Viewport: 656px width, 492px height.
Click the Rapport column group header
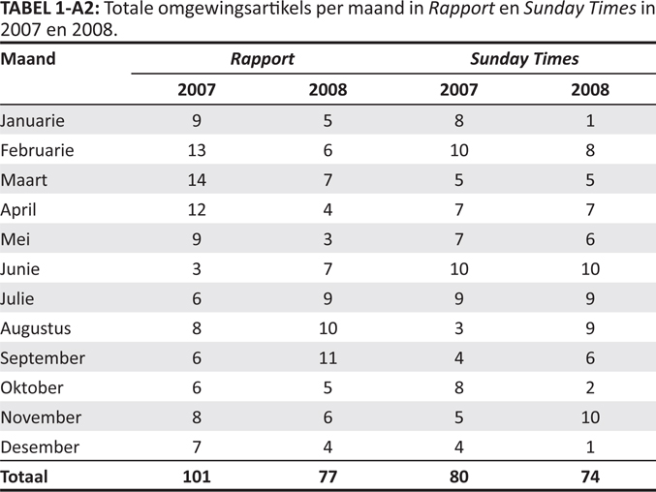pyautogui.click(x=263, y=59)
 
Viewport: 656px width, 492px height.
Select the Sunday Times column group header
pyautogui.click(x=524, y=59)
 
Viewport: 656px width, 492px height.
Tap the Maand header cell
pyautogui.click(x=28, y=58)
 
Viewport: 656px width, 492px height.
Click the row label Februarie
pyautogui.click(x=37, y=150)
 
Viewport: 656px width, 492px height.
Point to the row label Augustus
pyautogui.click(x=36, y=329)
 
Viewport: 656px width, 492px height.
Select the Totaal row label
pyautogui.click(x=24, y=477)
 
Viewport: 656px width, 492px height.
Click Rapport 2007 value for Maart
pyautogui.click(x=197, y=180)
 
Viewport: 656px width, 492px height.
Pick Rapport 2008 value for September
pyautogui.click(x=328, y=357)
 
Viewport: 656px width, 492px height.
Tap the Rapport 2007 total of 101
pyautogui.click(x=197, y=477)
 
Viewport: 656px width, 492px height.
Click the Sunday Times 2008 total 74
pyautogui.click(x=590, y=477)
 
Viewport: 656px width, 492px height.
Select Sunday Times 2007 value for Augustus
pyautogui.click(x=459, y=328)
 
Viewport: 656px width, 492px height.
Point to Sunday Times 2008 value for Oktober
pyautogui.click(x=590, y=387)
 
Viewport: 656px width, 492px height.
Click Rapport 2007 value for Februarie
pyautogui.click(x=197, y=150)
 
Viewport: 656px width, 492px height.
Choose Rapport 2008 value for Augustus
pyautogui.click(x=328, y=328)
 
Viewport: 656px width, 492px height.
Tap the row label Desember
pyautogui.click(x=40, y=446)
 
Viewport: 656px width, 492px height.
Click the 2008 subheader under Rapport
pyautogui.click(x=328, y=90)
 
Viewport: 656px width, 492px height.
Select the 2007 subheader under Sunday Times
pyautogui.click(x=459, y=90)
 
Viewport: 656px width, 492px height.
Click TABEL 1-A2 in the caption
pyautogui.click(x=49, y=9)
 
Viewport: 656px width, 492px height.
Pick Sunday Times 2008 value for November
pyautogui.click(x=590, y=417)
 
